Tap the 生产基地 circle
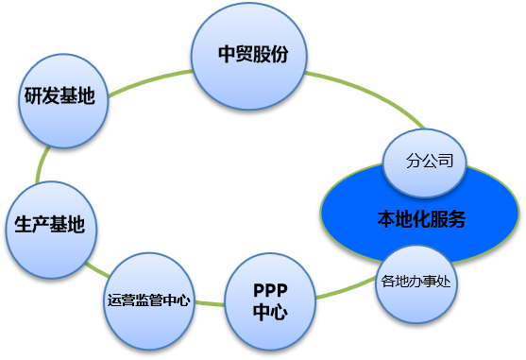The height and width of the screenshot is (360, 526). [50, 227]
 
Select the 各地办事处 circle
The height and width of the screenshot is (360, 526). [416, 282]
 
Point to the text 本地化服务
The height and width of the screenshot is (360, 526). [422, 219]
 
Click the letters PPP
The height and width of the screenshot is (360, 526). [270, 290]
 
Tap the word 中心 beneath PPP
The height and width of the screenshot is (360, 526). [270, 312]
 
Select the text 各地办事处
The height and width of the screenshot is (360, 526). [416, 281]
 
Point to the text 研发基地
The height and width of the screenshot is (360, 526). [59, 97]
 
